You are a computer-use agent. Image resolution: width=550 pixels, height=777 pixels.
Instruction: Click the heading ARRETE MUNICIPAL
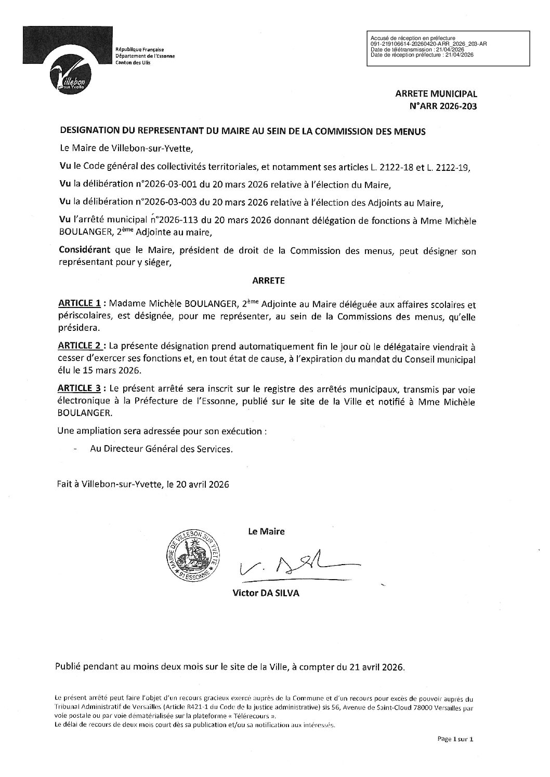pos(436,95)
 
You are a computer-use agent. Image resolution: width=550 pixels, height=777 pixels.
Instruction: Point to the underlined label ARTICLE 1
pos(79,303)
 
